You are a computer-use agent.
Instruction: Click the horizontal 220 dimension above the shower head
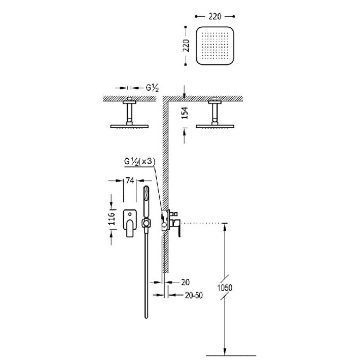pyautogui.click(x=215, y=17)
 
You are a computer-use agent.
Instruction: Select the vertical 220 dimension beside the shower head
pyautogui.click(x=186, y=46)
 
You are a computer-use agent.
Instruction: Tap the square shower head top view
pyautogui.click(x=215, y=46)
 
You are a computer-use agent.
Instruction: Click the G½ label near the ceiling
pyautogui.click(x=152, y=88)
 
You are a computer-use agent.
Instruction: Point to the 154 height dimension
pyautogui.click(x=185, y=113)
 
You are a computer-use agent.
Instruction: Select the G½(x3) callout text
pyautogui.click(x=139, y=162)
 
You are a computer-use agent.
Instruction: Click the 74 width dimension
pyautogui.click(x=130, y=181)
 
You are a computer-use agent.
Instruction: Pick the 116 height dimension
pyautogui.click(x=112, y=219)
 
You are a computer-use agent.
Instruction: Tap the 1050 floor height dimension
pyautogui.click(x=225, y=288)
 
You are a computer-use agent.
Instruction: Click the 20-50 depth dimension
pyautogui.click(x=194, y=295)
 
